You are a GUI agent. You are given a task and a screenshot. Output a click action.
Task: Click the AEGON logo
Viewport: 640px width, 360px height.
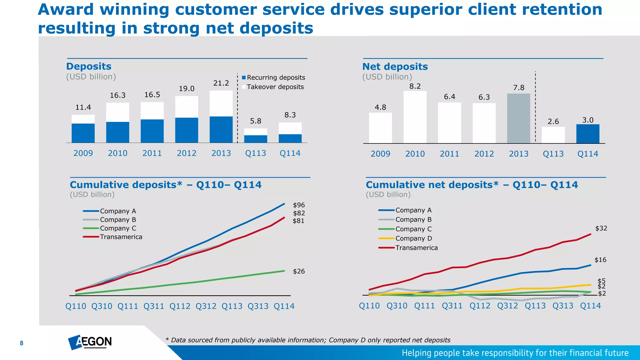[x=90, y=342]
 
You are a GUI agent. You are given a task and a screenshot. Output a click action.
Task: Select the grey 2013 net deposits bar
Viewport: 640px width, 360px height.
[x=518, y=118]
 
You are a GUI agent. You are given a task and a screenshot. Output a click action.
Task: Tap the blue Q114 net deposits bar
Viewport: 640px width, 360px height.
[x=587, y=134]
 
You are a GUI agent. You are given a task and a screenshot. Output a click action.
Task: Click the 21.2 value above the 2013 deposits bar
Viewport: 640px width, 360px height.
[x=221, y=83]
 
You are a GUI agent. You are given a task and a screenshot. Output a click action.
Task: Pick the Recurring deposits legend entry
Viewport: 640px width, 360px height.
[x=273, y=77]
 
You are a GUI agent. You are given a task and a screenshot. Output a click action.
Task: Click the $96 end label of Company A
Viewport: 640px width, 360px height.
[x=299, y=205]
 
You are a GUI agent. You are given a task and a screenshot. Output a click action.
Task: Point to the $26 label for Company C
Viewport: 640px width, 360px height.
[x=299, y=271]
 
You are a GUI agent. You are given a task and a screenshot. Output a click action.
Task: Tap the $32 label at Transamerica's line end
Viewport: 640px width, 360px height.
[x=601, y=228]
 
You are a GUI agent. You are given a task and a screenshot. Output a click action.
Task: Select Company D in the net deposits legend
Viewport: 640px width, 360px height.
[x=413, y=238]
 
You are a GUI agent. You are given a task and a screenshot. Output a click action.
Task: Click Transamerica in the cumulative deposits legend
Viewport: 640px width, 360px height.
[x=121, y=237]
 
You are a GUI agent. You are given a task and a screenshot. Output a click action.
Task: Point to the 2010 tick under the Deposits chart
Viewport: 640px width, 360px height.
[x=117, y=153]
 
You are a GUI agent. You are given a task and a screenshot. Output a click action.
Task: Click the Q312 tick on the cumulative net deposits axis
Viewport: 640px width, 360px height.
[x=507, y=306]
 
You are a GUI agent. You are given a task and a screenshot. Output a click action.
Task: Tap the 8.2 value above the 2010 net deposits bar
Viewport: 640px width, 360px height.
[x=415, y=86]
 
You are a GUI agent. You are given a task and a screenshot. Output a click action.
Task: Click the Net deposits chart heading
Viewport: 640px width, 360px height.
[x=395, y=67]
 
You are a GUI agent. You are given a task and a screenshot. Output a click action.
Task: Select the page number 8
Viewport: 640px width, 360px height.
[x=22, y=343]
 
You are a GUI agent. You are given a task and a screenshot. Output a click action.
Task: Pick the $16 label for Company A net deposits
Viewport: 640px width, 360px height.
[x=600, y=260]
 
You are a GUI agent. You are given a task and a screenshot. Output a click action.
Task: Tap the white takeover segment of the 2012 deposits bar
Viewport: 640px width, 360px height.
[x=187, y=107]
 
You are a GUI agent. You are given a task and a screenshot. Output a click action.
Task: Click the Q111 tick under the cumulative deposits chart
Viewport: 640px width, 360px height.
[x=128, y=306]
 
